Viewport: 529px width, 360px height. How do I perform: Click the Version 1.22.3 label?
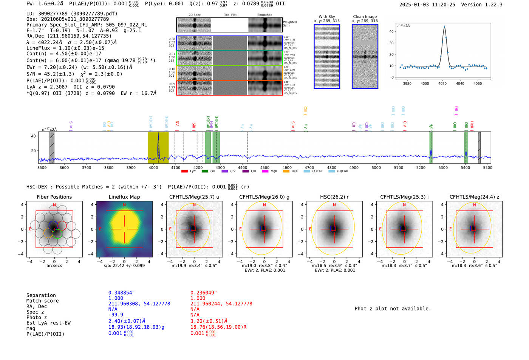pyautogui.click(x=482, y=5)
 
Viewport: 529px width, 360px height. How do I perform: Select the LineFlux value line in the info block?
pyautogui.click(x=65, y=48)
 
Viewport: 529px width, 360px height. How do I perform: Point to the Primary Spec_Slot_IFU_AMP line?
pyautogui.click(x=87, y=25)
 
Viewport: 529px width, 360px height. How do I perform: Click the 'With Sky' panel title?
pyautogui.click(x=326, y=17)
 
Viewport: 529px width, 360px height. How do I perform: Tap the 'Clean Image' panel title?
pyautogui.click(x=365, y=17)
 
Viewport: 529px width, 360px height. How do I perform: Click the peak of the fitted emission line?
pyautogui.click(x=444, y=26)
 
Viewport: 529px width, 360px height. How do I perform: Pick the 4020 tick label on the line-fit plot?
pyautogui.click(x=442, y=83)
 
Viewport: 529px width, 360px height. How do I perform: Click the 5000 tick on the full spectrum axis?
pyautogui.click(x=376, y=167)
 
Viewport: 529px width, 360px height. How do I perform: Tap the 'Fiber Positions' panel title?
pyautogui.click(x=54, y=197)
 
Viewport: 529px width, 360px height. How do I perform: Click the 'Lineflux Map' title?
pyautogui.click(x=124, y=197)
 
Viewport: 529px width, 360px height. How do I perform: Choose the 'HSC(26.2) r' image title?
pyautogui.click(x=334, y=197)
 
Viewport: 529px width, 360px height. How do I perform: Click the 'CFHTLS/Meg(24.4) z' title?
pyautogui.click(x=474, y=197)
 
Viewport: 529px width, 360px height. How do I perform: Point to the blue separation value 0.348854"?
pyautogui.click(x=121, y=293)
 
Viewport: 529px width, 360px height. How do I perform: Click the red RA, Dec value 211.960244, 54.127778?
pyautogui.click(x=221, y=304)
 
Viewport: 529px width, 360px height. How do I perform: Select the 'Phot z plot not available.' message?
pyautogui.click(x=393, y=309)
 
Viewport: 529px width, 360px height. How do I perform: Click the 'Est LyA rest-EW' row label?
pyautogui.click(x=48, y=323)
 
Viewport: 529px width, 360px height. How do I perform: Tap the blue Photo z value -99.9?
pyautogui.click(x=116, y=315)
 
